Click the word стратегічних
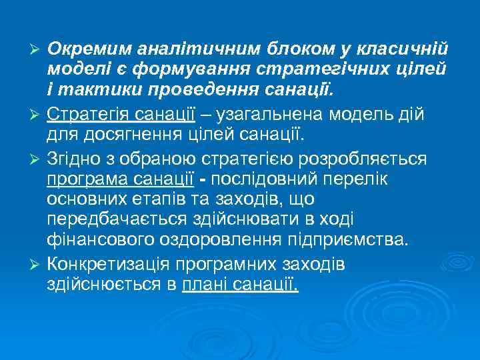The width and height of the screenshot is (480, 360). click(x=304, y=71)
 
